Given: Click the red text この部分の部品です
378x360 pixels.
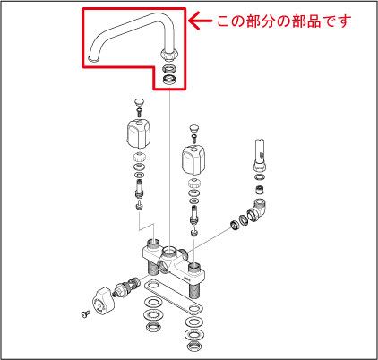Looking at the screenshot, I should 286,18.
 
